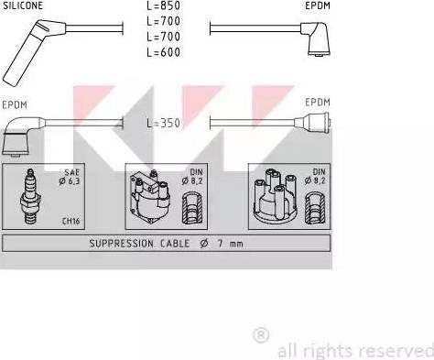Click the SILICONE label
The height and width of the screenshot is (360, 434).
pyautogui.click(x=23, y=5)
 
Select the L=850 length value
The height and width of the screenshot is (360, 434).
pyautogui.click(x=163, y=5)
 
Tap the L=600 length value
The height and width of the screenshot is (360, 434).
pyautogui.click(x=163, y=52)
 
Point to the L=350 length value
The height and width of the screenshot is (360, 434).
pyautogui.click(x=163, y=123)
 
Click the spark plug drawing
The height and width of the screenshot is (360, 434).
pyautogui.click(x=30, y=197)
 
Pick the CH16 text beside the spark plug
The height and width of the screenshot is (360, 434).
pyautogui.click(x=71, y=221)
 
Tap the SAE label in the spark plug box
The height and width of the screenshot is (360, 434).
pyautogui.click(x=71, y=172)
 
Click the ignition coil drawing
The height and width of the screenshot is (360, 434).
pyautogui.click(x=150, y=195)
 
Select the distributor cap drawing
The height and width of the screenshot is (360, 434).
pyautogui.click(x=275, y=195)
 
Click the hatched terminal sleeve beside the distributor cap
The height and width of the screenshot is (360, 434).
pyautogui.click(x=315, y=208)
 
